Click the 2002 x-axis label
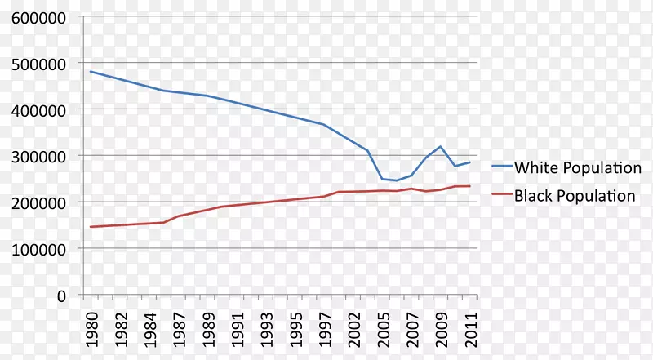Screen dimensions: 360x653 354,324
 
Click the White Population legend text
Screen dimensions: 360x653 577,168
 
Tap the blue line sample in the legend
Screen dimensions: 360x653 501,167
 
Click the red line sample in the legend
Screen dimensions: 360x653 501,196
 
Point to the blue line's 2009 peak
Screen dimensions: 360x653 442,147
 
